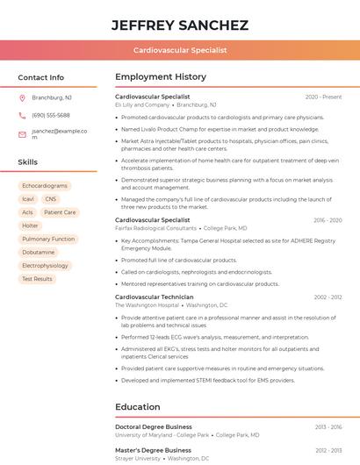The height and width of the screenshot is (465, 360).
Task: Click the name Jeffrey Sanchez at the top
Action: (x=179, y=25)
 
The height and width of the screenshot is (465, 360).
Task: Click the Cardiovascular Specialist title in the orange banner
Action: (x=180, y=50)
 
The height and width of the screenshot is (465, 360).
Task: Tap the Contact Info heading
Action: (x=40, y=77)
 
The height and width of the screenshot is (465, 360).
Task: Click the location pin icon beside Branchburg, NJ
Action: (x=22, y=97)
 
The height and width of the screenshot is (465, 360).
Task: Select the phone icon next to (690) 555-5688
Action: (x=22, y=115)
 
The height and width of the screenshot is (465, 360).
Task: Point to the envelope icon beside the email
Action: (x=22, y=134)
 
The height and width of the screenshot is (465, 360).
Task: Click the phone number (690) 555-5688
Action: (x=51, y=115)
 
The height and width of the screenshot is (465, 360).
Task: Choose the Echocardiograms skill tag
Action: (x=45, y=186)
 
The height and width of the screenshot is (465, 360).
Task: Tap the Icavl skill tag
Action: (x=28, y=199)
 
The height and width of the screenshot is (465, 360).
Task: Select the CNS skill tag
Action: (x=51, y=199)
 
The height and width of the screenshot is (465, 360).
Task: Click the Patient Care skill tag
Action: (x=60, y=212)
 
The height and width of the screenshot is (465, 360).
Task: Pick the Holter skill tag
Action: (x=30, y=225)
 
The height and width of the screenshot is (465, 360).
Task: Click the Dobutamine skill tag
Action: (x=38, y=252)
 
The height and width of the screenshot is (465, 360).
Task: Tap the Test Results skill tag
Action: (x=37, y=279)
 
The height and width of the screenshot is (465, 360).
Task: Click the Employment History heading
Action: (x=161, y=77)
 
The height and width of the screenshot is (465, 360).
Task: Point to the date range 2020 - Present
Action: (x=323, y=97)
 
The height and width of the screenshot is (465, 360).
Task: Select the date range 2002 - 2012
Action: (x=328, y=297)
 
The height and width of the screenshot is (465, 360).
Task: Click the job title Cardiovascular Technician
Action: (x=154, y=297)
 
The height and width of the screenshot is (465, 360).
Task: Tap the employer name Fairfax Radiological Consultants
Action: (x=155, y=228)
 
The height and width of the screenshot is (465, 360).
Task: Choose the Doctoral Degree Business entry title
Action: (x=154, y=426)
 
